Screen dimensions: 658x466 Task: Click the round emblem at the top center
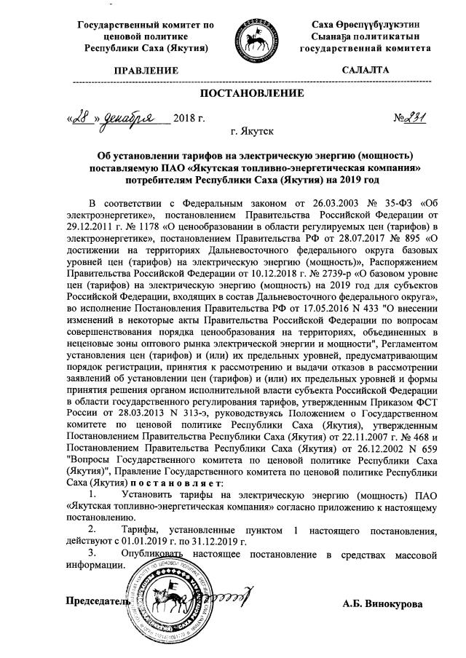(x=255, y=40)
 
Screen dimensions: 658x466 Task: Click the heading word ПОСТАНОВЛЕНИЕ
(x=251, y=94)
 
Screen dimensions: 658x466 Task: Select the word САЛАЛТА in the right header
(x=366, y=71)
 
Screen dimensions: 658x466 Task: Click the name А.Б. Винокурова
(x=382, y=603)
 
